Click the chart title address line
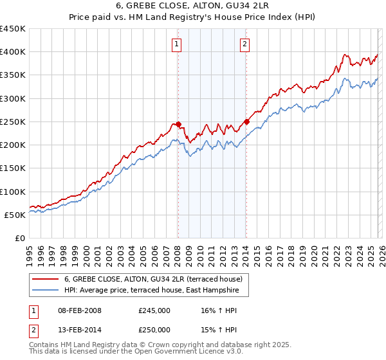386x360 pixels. click(192, 6)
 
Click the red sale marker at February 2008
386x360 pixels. click(178, 124)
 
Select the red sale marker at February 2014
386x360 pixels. click(246, 122)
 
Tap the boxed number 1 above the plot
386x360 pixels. click(177, 44)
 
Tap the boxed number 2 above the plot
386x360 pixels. click(245, 44)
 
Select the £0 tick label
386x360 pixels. click(20, 238)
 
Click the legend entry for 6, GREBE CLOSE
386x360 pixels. click(153, 279)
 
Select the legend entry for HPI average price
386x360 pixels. click(151, 291)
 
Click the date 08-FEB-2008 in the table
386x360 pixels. click(78, 310)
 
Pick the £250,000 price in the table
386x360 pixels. click(154, 330)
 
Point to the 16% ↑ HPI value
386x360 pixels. click(218, 310)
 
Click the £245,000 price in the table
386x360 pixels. click(154, 310)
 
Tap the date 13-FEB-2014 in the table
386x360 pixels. click(78, 330)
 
